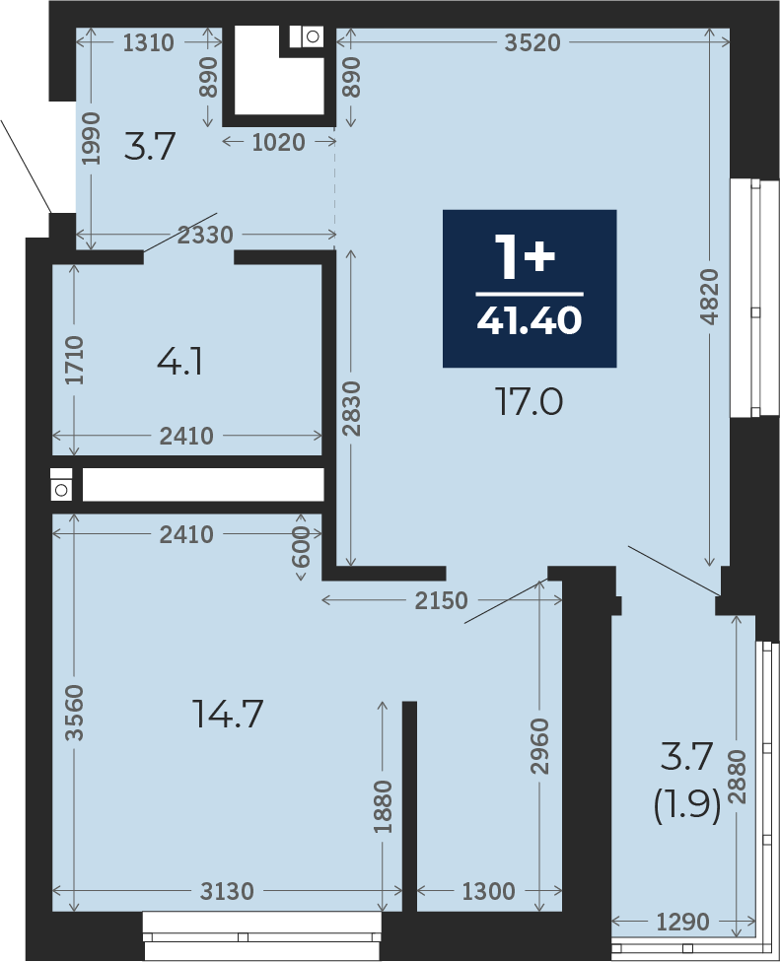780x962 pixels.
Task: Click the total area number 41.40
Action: tap(529, 320)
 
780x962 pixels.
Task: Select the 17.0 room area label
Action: tap(529, 403)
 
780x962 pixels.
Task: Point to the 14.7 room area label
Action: tap(228, 715)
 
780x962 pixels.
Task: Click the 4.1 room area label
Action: tap(179, 362)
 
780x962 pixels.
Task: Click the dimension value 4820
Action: tap(709, 297)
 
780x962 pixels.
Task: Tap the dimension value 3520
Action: tap(532, 43)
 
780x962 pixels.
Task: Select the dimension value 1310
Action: tap(149, 43)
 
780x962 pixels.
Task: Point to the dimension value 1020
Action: tap(279, 142)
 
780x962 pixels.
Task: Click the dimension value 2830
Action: tap(352, 409)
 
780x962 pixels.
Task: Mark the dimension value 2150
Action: tap(441, 600)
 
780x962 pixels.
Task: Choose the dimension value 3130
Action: tap(227, 891)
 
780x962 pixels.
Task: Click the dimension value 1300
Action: tap(488, 891)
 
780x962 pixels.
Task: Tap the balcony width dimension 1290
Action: tap(683, 922)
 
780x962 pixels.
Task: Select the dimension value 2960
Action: tap(539, 746)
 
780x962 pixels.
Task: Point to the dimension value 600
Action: tap(301, 548)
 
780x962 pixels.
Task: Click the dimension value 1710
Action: tap(75, 360)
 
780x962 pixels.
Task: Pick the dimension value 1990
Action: tap(91, 137)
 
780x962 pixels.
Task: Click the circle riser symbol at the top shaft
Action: tap(313, 36)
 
